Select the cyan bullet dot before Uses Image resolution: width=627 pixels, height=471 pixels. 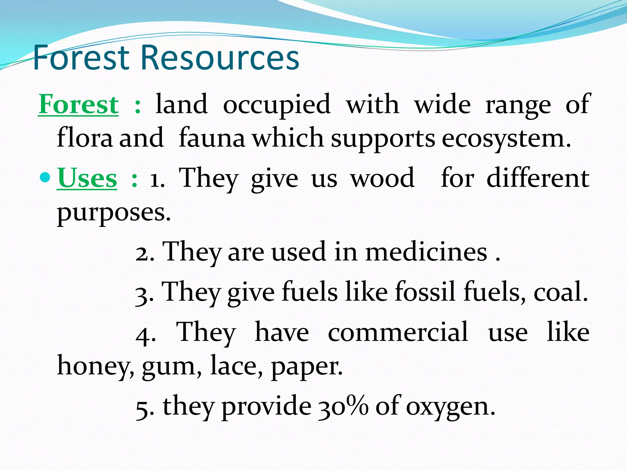(45, 177)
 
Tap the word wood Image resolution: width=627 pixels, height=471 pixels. (383, 178)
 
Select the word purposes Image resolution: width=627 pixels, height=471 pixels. (114, 213)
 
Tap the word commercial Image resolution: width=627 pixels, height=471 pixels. (398, 332)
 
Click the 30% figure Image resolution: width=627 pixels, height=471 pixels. (343, 406)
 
